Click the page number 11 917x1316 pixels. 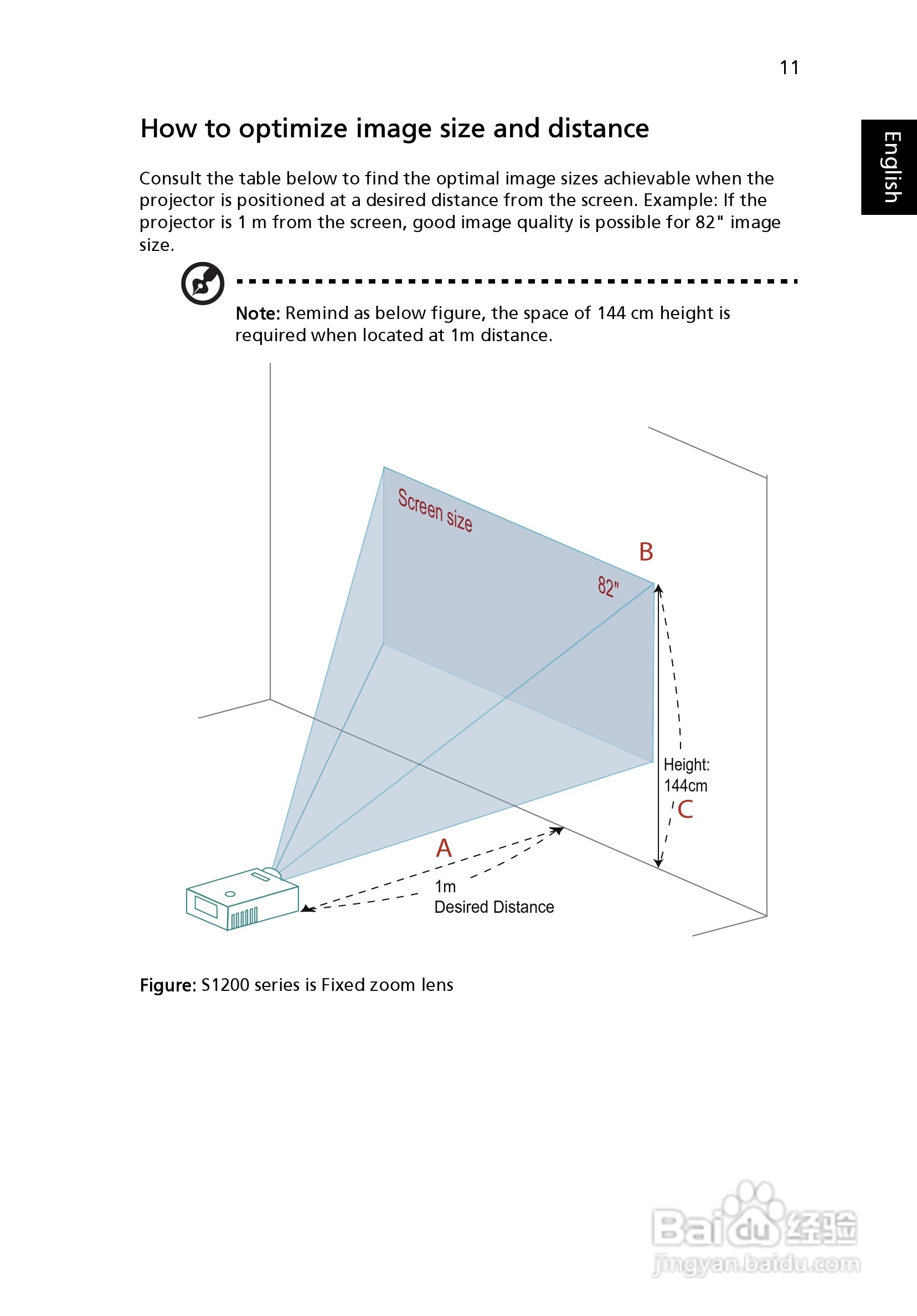789,68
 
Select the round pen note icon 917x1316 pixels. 202,283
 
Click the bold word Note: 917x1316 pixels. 257,313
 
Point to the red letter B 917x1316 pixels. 646,552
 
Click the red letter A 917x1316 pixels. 444,849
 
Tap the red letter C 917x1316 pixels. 685,809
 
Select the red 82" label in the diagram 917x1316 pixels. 608,587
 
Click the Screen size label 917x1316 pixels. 435,510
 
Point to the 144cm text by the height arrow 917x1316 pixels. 686,786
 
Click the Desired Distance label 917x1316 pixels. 494,907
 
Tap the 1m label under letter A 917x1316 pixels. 445,887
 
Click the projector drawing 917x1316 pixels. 241,900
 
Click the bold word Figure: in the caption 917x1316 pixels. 168,985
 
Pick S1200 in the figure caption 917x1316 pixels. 225,985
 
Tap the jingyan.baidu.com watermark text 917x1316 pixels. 756,1264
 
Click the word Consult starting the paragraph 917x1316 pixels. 170,179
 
